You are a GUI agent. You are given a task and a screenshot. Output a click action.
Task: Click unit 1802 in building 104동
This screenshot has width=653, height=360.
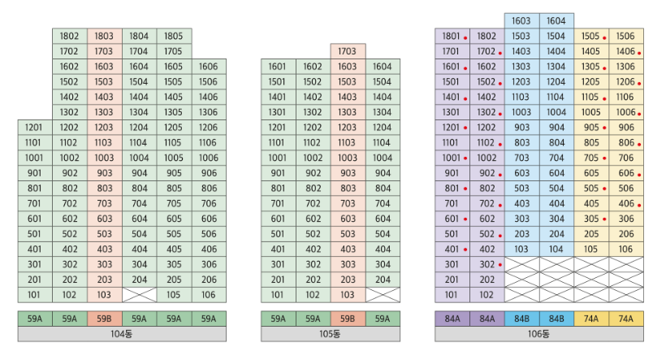coord(70,36)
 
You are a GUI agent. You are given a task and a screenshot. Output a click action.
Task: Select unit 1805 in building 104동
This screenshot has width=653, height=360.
coord(174,36)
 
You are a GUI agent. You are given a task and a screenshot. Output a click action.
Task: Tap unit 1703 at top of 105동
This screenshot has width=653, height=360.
coord(348,51)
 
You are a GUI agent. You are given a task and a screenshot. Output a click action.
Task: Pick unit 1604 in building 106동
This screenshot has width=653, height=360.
coord(556,21)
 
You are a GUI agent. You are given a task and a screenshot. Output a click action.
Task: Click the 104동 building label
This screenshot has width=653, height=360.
coord(122,333)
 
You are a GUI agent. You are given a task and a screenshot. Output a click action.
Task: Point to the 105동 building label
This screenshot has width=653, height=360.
coord(330,333)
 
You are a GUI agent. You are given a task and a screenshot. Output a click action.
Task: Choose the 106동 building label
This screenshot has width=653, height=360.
coord(538,333)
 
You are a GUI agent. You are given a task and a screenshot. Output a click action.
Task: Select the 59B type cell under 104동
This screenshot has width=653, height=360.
coord(104,319)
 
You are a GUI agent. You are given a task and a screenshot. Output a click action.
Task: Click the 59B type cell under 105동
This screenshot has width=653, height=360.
coord(348,319)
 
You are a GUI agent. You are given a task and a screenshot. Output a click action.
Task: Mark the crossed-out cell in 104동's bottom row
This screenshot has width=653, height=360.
coord(139,294)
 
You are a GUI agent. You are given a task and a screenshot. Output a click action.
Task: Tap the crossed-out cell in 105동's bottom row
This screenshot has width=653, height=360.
coord(382,294)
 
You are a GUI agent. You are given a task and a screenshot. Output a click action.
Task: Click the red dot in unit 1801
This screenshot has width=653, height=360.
coord(466,37)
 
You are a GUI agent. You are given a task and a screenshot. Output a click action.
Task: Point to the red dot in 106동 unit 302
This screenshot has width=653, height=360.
coord(500,265)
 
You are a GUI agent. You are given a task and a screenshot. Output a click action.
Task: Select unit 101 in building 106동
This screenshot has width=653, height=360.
coord(452,294)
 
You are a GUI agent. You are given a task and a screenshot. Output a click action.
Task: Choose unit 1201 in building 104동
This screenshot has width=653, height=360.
coord(35,127)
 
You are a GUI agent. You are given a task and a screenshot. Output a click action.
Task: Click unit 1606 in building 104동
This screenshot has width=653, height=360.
coord(208,67)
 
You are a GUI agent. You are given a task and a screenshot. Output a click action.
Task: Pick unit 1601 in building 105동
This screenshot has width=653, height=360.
coord(278,67)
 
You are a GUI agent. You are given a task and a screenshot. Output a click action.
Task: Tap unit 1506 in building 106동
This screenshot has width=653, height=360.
coord(625,36)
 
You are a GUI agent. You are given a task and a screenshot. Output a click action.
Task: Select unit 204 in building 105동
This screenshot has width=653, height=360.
coord(382,279)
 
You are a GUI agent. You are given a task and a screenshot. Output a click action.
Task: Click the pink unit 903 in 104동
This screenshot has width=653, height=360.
coord(104,172)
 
